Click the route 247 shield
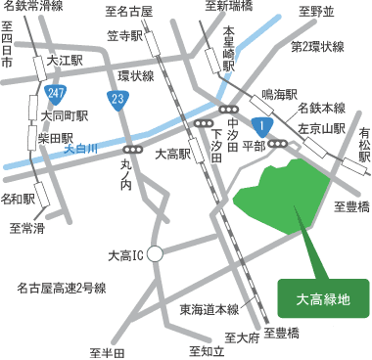pos(56,93)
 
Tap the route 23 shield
pos(119,98)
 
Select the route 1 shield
pos(262,125)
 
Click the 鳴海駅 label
pos(279,96)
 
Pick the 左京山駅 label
pos(323,127)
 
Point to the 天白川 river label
pos(81,149)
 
